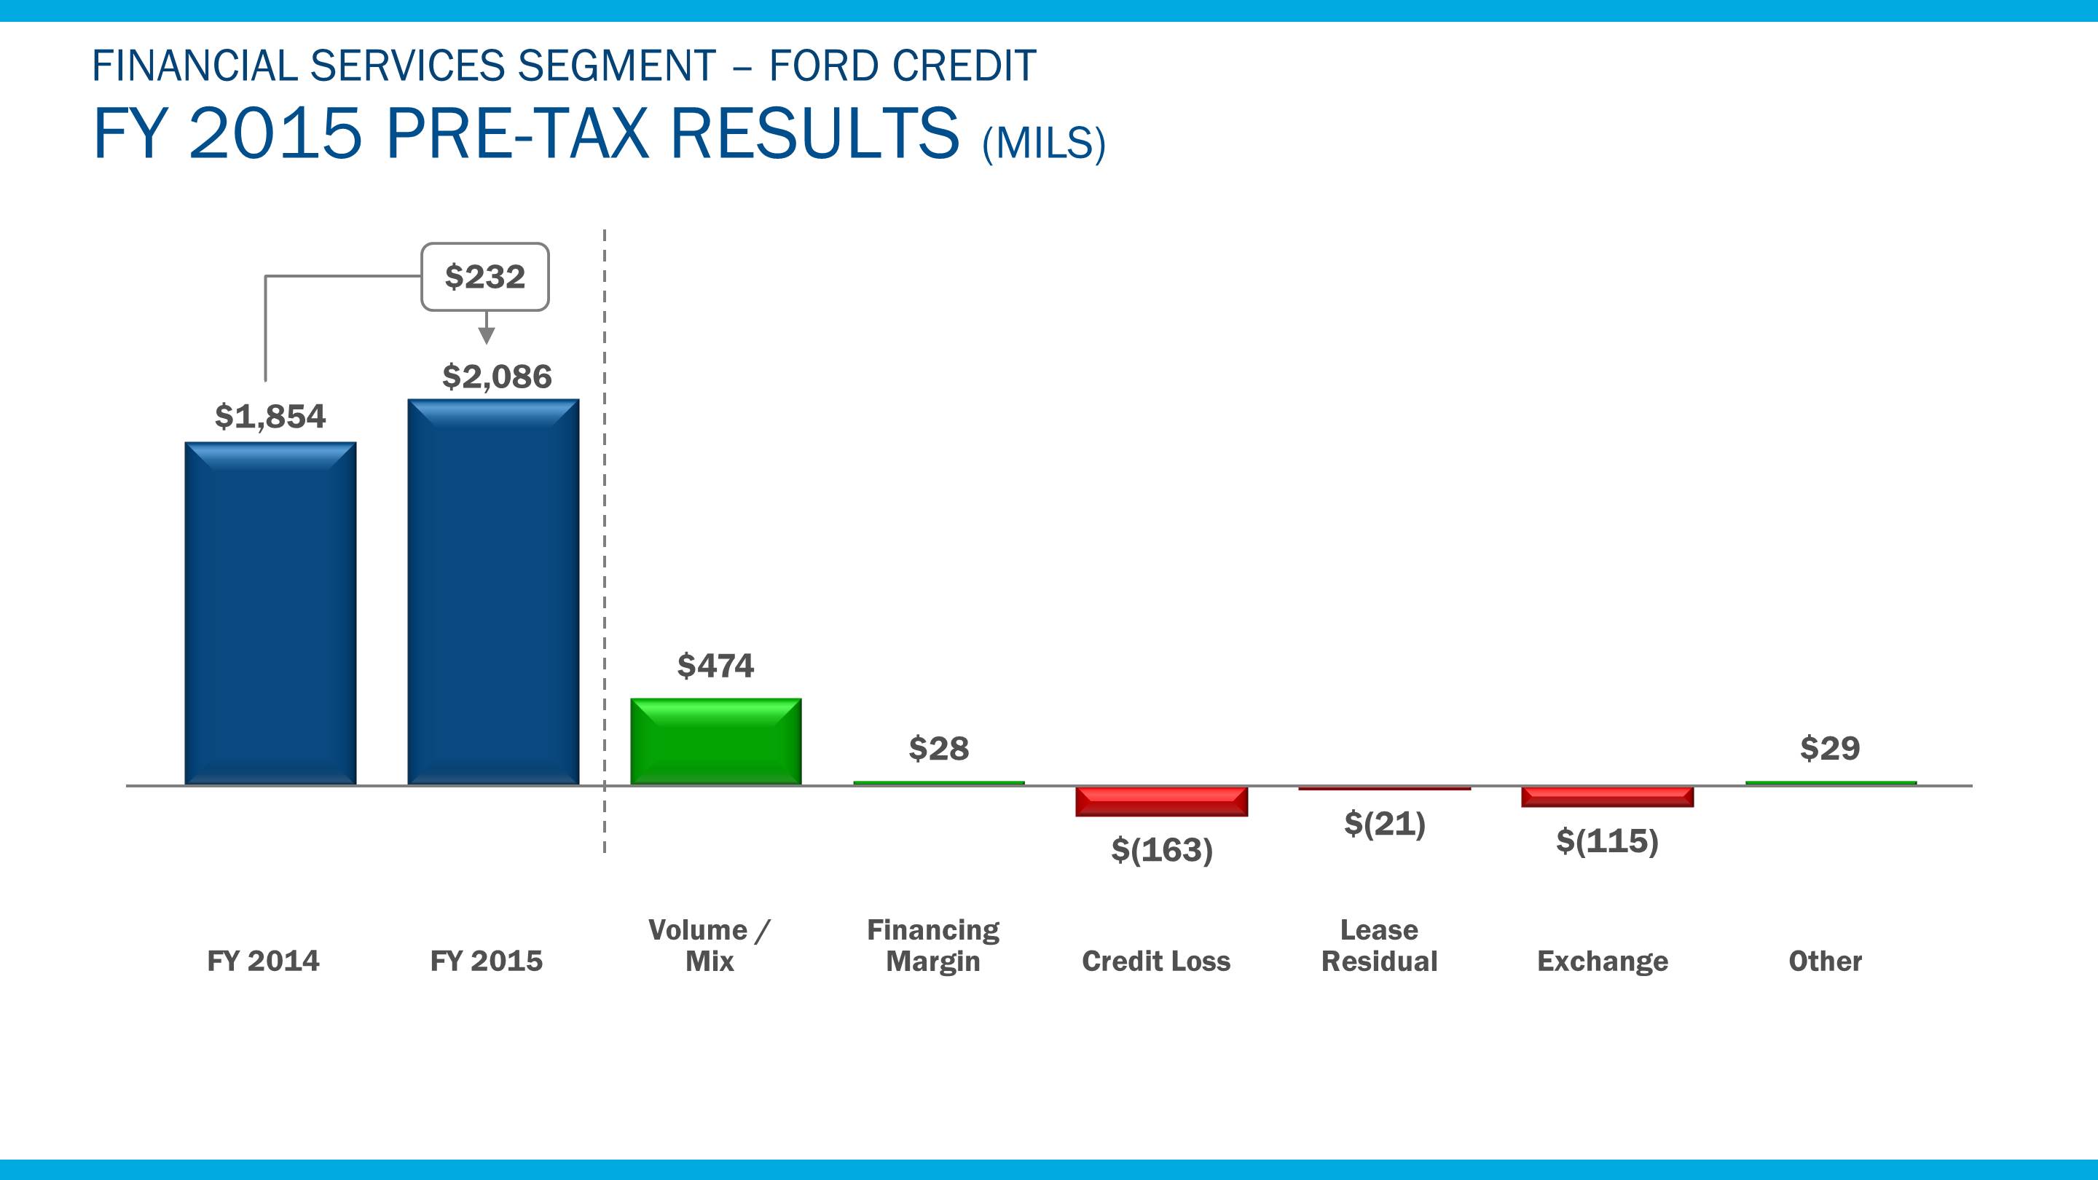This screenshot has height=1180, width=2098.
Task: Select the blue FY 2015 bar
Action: point(494,592)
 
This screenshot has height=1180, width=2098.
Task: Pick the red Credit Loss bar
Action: point(1161,801)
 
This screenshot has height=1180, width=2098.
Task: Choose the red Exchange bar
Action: point(1607,796)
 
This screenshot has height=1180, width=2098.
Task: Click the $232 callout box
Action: point(485,277)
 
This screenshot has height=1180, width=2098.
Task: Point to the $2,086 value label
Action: point(497,377)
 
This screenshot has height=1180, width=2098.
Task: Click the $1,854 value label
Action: point(270,417)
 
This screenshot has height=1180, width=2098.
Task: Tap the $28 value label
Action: point(939,748)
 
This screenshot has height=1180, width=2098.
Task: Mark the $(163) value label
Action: point(1162,850)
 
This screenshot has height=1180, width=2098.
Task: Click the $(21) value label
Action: point(1385,824)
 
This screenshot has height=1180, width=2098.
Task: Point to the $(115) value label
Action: point(1607,841)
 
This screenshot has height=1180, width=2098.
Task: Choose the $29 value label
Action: point(1830,747)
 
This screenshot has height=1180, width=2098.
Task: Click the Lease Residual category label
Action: point(1379,945)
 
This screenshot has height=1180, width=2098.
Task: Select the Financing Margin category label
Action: point(933,945)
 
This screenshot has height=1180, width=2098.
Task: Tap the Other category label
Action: point(1825,961)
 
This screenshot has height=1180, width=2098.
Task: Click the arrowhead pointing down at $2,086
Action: point(486,335)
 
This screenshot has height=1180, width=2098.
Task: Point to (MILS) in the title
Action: point(1043,143)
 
